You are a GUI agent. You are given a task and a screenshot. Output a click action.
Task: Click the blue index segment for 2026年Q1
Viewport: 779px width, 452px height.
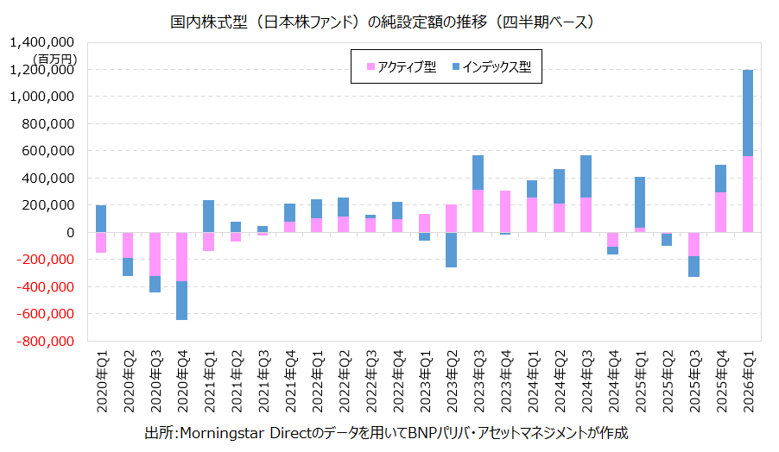(x=748, y=113)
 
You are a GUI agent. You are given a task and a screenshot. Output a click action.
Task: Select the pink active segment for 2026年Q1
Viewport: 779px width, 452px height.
(x=748, y=194)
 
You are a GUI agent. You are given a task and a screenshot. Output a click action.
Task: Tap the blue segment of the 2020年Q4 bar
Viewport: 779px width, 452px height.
(x=181, y=300)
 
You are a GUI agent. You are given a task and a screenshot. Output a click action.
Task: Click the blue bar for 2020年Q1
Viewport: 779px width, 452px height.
(x=101, y=218)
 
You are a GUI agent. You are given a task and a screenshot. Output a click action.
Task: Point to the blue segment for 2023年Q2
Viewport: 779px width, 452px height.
(x=450, y=249)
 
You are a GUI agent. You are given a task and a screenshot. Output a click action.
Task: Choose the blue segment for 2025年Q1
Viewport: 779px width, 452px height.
(x=640, y=202)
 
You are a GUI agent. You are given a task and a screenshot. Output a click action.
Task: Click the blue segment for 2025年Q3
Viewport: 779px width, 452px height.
(x=693, y=266)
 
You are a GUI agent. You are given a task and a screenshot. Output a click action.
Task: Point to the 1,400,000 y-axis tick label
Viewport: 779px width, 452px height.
(x=42, y=42)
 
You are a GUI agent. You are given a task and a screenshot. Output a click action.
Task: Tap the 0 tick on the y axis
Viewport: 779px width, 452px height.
(x=70, y=233)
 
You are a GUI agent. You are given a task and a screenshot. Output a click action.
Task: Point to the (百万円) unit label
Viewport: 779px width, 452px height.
(x=55, y=58)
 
